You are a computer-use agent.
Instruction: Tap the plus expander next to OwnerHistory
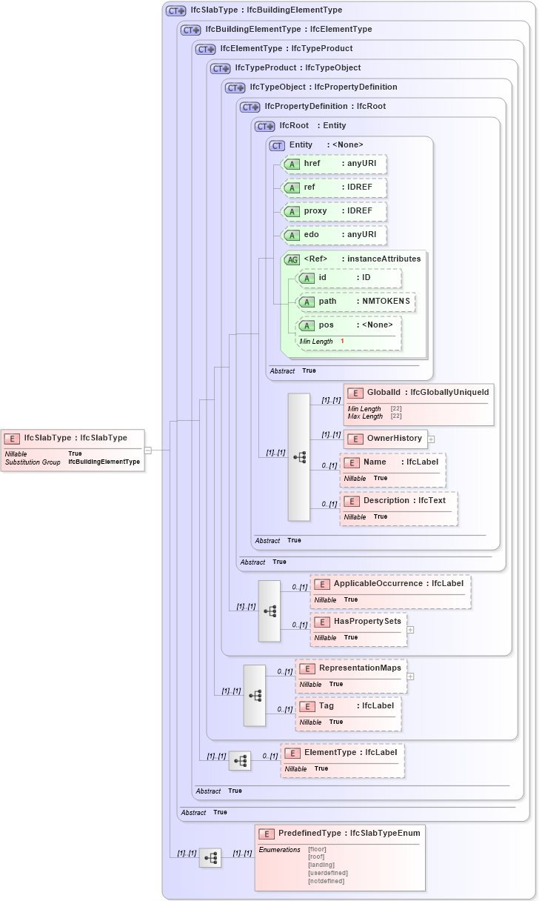431,439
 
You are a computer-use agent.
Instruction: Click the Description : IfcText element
398,501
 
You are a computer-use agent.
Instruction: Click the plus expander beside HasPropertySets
410,630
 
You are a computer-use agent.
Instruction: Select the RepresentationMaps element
351,668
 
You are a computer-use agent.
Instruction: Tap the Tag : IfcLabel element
349,706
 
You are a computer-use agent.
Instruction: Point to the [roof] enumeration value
316,857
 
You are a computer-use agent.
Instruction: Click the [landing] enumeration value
321,865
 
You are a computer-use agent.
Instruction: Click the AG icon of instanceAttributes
292,259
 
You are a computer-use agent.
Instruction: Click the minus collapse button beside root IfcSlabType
148,450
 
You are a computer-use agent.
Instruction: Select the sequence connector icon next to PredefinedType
210,858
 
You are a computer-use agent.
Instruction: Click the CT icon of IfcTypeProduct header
221,68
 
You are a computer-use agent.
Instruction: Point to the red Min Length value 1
342,341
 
